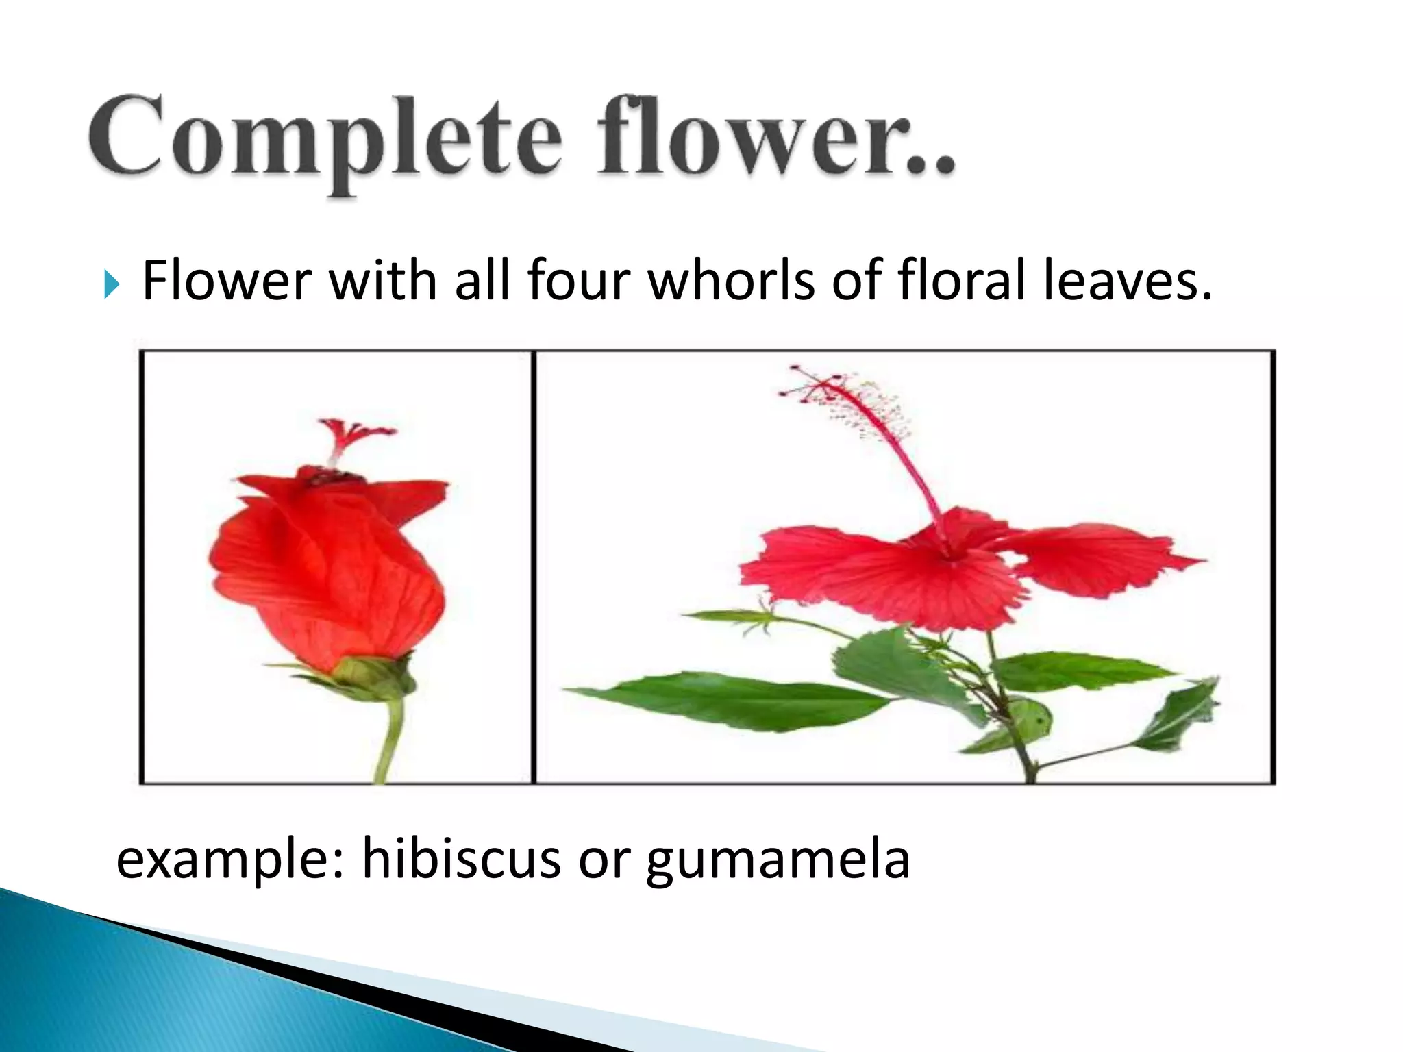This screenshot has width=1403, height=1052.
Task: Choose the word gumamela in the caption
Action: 778,862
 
